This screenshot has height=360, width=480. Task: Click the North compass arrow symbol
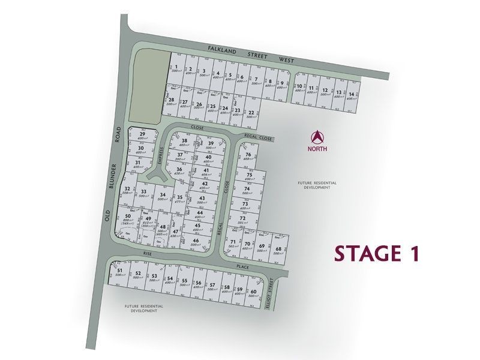318,137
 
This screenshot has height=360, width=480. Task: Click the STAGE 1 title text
375,253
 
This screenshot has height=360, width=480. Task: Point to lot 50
128,217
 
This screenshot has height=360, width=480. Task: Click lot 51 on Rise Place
120,272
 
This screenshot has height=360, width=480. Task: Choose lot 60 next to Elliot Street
253,293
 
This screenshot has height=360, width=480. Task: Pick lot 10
299,88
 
